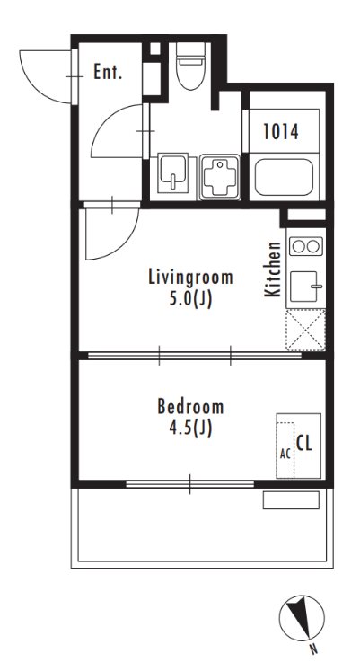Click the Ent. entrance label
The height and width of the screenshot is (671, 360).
point(108,73)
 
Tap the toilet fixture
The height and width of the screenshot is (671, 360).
point(190,66)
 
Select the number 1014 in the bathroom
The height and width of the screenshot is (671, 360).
point(280,131)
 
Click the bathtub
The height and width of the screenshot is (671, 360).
point(284,177)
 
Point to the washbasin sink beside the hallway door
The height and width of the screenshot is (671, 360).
point(172,172)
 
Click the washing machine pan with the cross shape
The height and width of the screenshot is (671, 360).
point(220,177)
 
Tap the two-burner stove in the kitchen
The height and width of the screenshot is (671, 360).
point(306,246)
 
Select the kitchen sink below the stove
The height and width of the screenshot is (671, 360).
point(305,287)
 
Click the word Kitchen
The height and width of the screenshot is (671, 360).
point(272,269)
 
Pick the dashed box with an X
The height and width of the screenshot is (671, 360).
point(306,330)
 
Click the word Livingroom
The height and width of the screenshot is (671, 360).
point(190,277)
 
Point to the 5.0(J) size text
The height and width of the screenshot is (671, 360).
point(190,299)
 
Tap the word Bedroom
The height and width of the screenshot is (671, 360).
point(190,406)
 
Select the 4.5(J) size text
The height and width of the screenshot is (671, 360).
point(190,428)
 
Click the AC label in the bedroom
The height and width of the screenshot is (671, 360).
point(285,454)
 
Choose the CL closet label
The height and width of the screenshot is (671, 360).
point(304,444)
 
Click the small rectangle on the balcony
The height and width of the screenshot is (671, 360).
point(291,500)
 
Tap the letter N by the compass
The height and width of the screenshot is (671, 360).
point(314,649)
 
